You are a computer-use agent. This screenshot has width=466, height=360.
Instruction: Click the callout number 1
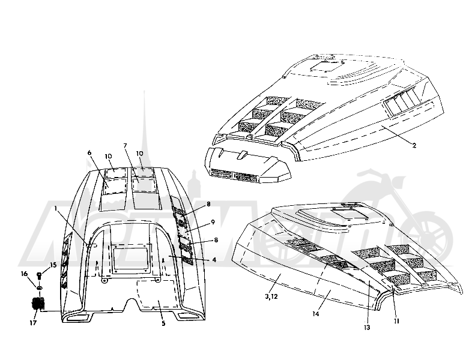(x=56, y=209)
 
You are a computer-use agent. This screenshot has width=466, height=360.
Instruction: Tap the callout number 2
(x=414, y=145)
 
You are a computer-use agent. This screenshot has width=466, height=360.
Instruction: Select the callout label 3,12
(x=271, y=296)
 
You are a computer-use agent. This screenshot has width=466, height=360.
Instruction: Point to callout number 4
(x=214, y=260)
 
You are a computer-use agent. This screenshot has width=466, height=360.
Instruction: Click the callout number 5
(x=163, y=323)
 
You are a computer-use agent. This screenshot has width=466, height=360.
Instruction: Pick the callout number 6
(x=89, y=152)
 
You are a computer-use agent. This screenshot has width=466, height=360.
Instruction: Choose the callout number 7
(x=125, y=145)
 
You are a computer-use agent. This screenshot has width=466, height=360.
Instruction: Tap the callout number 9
(x=213, y=222)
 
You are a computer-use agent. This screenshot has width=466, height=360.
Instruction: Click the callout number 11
(x=396, y=321)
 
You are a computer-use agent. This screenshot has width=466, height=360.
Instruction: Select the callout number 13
(x=367, y=328)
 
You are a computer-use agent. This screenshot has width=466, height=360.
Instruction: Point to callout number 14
(x=316, y=314)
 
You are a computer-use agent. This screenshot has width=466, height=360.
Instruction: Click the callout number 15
(x=53, y=265)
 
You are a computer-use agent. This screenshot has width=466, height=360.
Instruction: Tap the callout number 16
(x=25, y=274)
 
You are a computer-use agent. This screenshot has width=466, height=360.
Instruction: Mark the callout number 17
(x=33, y=323)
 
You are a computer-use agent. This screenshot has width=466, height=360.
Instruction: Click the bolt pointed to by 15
(x=39, y=276)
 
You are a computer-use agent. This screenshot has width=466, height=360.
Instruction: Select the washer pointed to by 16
(x=39, y=287)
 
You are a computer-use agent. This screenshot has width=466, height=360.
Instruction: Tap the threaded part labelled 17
(x=38, y=304)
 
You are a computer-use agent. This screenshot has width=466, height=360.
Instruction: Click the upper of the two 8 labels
(x=208, y=204)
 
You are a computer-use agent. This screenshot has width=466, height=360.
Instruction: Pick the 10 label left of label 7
(x=108, y=156)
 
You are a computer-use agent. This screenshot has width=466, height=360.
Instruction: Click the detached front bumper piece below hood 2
(x=248, y=165)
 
